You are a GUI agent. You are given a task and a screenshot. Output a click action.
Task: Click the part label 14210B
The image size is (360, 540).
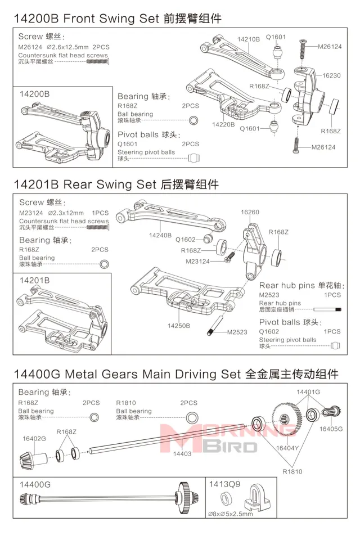coord(248,39)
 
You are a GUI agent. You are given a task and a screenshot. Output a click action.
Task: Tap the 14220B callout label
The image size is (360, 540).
coord(223,124)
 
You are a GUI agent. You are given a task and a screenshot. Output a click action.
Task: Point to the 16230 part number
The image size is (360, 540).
coord(331,75)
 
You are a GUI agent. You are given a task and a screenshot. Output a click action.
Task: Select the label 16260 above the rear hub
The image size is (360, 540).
coord(250,212)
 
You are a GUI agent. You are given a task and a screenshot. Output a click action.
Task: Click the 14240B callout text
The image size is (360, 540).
coord(160,235)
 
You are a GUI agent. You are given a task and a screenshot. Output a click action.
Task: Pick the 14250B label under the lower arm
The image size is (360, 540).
coord(179,326)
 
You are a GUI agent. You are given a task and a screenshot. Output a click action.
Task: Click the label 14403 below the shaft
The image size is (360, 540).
coord(182,453)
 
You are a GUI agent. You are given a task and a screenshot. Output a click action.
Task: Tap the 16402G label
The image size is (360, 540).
coord(34,438)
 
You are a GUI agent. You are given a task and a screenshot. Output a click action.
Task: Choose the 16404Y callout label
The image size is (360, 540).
coord(287,448)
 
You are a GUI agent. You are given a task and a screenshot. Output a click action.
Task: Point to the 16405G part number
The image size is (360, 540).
coord(331,429)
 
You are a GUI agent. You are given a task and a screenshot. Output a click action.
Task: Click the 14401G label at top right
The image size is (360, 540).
coord(308,392)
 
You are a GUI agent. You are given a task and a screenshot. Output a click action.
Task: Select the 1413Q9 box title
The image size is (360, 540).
coord(224,484)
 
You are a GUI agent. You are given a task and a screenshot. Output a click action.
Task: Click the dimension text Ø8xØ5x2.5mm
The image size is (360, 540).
coord(231,514)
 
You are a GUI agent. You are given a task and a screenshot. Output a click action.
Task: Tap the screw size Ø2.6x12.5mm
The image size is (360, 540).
coord(67,47)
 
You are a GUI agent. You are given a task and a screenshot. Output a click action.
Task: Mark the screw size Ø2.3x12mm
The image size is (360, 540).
coord(66,213)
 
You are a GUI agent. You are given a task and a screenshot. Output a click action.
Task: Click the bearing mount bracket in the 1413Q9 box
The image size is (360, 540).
coord(255,498)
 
